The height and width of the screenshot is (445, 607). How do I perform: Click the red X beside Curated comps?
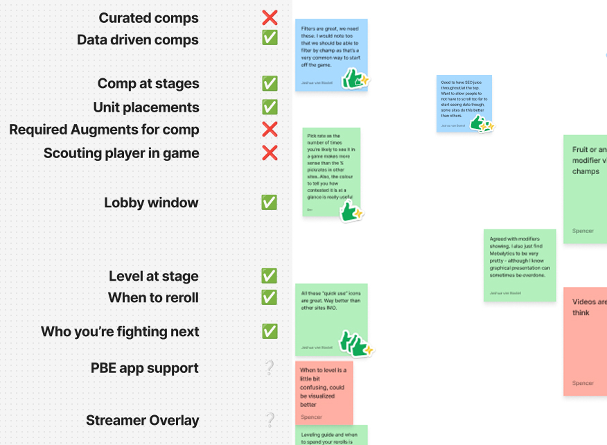coord(270,18)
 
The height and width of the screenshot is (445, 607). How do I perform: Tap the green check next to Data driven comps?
coord(270,38)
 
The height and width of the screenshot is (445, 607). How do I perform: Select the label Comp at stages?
coord(148,84)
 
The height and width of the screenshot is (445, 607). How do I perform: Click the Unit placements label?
coord(146,107)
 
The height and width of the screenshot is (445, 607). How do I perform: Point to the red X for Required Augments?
coord(270,129)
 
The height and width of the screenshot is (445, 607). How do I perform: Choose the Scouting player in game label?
coord(121,153)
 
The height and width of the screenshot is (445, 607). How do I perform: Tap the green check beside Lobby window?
coord(270,202)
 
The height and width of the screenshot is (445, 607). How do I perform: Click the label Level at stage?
coord(154,276)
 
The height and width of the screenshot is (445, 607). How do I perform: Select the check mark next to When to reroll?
coord(270,297)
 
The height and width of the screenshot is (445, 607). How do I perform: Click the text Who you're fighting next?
coord(120,332)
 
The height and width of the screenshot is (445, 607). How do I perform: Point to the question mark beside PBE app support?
coord(270,368)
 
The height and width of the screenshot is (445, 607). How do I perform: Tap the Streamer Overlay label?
coord(143,420)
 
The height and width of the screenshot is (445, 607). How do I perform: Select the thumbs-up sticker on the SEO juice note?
coord(481,123)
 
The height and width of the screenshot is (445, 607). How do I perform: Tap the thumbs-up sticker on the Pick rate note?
coord(351,211)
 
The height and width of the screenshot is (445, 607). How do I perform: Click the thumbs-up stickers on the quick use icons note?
coord(355,343)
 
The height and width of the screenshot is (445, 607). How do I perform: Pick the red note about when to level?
coord(324,392)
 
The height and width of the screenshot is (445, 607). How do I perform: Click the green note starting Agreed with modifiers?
coord(519,265)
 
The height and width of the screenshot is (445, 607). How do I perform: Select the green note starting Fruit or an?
coord(586,189)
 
